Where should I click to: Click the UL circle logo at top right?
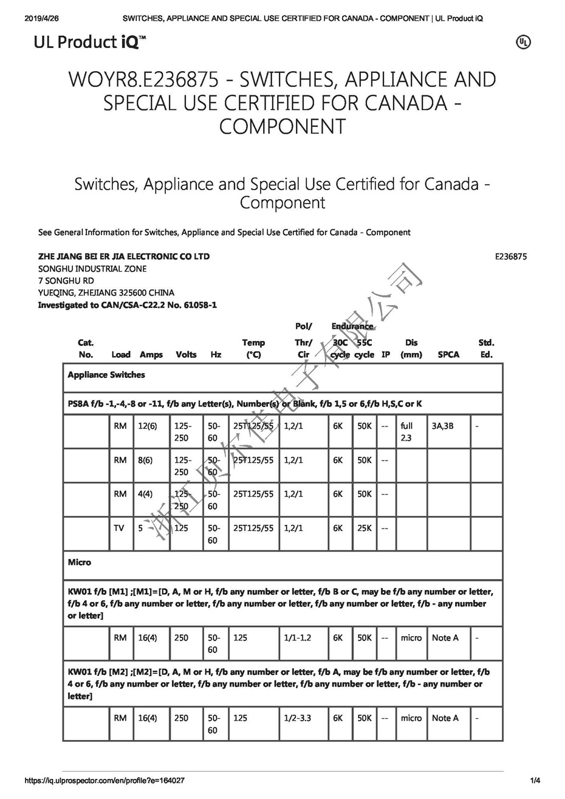pyautogui.click(x=523, y=42)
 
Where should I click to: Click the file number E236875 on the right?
pyautogui.click(x=510, y=256)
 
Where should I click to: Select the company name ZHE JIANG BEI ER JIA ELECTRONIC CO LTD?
pyautogui.click(x=124, y=256)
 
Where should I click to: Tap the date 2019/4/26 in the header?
pyautogui.click(x=42, y=18)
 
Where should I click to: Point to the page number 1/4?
pyautogui.click(x=535, y=780)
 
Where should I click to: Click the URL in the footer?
pyautogui.click(x=104, y=780)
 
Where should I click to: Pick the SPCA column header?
pyautogui.click(x=448, y=354)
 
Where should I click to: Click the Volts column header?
pyautogui.click(x=186, y=354)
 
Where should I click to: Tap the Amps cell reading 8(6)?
pyautogui.click(x=145, y=460)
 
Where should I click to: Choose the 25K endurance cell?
pyautogui.click(x=364, y=528)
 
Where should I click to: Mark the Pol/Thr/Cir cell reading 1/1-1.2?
pyautogui.click(x=297, y=637)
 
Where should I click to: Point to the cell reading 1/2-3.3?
pyautogui.click(x=297, y=718)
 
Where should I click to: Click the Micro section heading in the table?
pyautogui.click(x=80, y=562)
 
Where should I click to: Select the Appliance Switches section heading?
pyautogui.click(x=106, y=375)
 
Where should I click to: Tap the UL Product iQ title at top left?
pyautogui.click(x=90, y=42)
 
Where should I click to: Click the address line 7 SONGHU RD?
pyautogui.click(x=66, y=281)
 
